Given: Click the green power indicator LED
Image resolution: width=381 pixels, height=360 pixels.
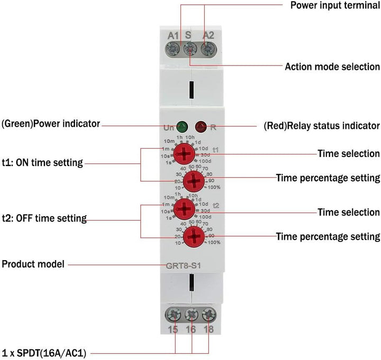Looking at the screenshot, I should (182, 127).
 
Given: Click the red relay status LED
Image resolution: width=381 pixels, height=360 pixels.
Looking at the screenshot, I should (201, 127).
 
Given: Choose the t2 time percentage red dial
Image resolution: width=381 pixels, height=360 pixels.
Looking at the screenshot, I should (195, 235).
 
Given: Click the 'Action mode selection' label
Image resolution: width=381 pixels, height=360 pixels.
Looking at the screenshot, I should (332, 67).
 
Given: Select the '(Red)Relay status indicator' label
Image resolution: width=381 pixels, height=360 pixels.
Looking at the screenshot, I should (321, 126).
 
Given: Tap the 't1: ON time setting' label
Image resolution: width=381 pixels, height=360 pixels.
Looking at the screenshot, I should (42, 163).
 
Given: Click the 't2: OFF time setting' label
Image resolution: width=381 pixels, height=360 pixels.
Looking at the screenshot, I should (44, 218).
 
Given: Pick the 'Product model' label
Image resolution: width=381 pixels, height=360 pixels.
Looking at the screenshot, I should (33, 264).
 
